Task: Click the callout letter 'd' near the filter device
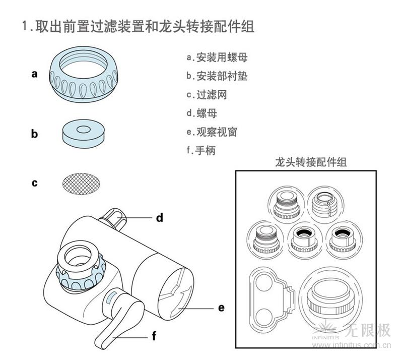point(159,218)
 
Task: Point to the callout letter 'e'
point(221,307)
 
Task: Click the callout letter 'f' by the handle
point(154,334)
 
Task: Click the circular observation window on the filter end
point(177,293)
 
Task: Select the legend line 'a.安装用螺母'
point(217,57)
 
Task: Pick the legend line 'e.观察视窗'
point(212,132)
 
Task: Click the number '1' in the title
point(25,26)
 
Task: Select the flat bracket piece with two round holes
point(270,295)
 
